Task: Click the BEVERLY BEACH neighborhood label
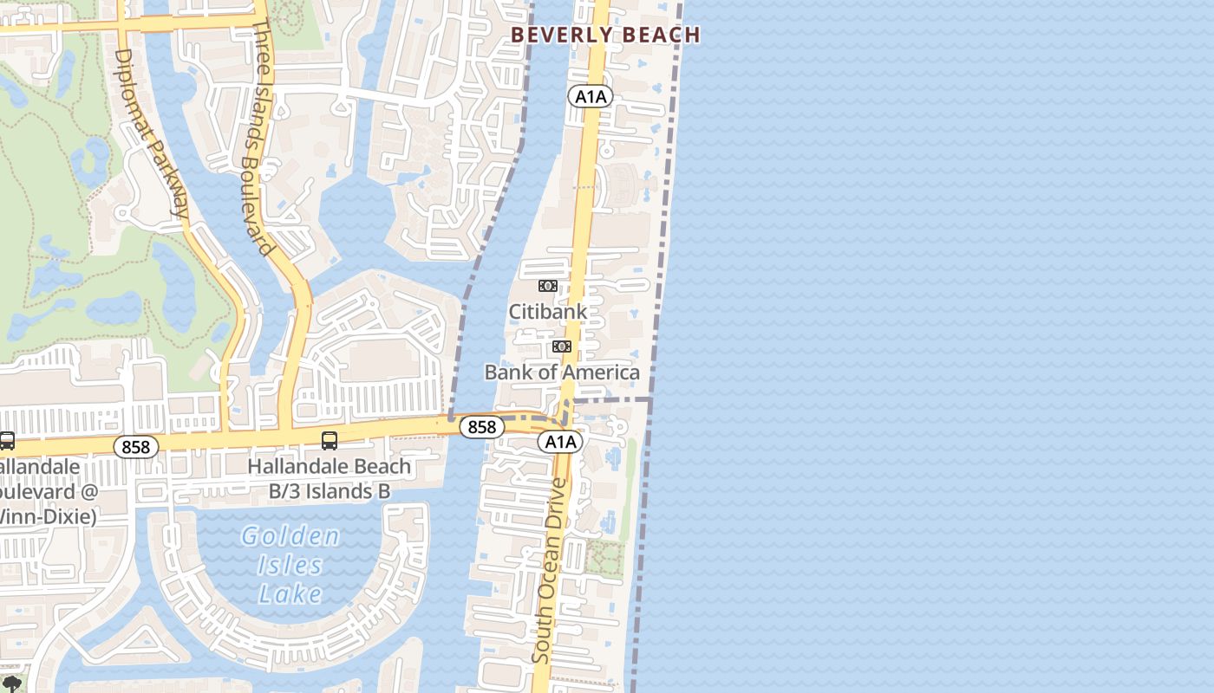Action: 605,35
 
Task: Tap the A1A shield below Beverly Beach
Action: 591,96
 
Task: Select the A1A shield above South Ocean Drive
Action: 560,442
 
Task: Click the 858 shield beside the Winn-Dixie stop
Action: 136,447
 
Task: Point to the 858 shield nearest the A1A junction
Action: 481,426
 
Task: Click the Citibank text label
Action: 547,311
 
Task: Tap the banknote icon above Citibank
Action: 547,286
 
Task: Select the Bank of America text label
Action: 562,372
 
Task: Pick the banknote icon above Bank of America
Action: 562,346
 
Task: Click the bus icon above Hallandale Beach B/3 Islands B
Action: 330,441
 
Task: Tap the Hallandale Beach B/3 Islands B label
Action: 330,478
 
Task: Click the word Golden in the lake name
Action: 290,536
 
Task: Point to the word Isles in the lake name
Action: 290,566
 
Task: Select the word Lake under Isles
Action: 290,594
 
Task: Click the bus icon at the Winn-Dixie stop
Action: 6,441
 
